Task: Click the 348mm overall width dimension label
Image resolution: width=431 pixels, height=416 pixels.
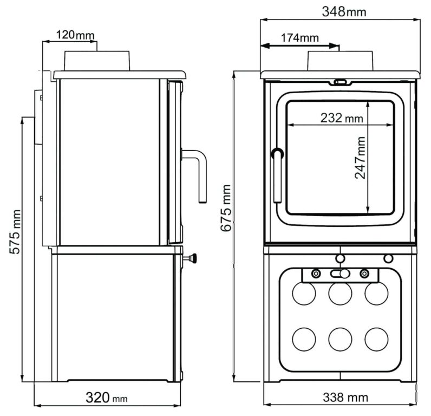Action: pyautogui.click(x=344, y=11)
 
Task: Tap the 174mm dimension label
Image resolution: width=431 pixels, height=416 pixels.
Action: pyautogui.click(x=299, y=38)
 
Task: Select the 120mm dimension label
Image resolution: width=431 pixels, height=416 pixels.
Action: pyautogui.click(x=75, y=35)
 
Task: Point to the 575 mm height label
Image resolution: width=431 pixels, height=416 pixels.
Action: pyautogui.click(x=15, y=231)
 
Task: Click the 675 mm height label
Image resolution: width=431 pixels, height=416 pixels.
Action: pyautogui.click(x=226, y=208)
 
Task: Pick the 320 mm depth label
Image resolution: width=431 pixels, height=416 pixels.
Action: pyautogui.click(x=106, y=398)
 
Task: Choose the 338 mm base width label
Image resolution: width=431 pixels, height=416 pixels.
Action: pyautogui.click(x=345, y=397)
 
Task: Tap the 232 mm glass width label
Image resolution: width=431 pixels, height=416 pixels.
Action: pyautogui.click(x=342, y=118)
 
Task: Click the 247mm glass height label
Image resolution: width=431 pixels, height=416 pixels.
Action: pyautogui.click(x=360, y=158)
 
